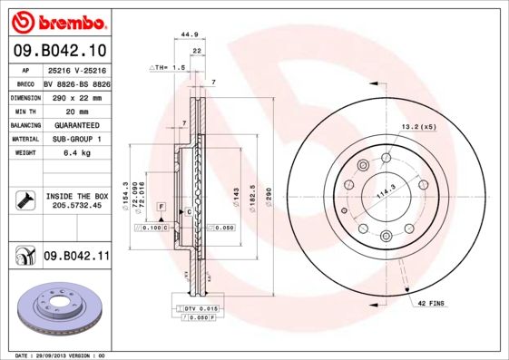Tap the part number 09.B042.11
[76, 258]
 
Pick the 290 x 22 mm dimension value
[76, 96]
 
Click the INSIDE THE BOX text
[76, 196]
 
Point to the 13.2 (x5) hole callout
[417, 127]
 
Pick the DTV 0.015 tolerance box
[196, 310]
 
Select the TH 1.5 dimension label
[169, 68]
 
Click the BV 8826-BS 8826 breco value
[76, 82]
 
